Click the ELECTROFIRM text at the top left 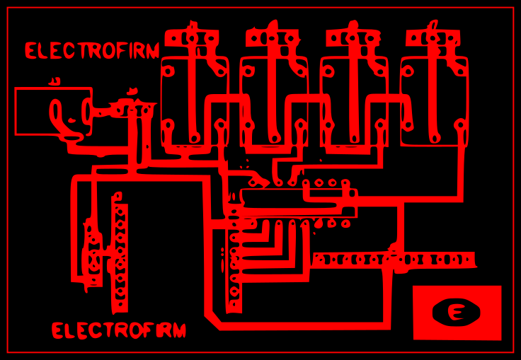coord(92,51)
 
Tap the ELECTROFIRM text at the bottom coord(119,330)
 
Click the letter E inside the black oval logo coord(457,312)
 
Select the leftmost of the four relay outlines coord(195,101)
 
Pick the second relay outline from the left coord(274,101)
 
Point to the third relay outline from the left coord(354,101)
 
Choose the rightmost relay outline coord(434,101)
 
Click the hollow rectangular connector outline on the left coord(53,111)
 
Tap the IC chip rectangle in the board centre coord(297,203)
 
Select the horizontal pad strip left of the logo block coord(394,260)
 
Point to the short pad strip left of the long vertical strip coord(93,255)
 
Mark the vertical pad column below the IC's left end coord(234,269)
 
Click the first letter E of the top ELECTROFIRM coord(31,51)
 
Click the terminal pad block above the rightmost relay coord(433,37)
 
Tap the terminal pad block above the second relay coord(273,37)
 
